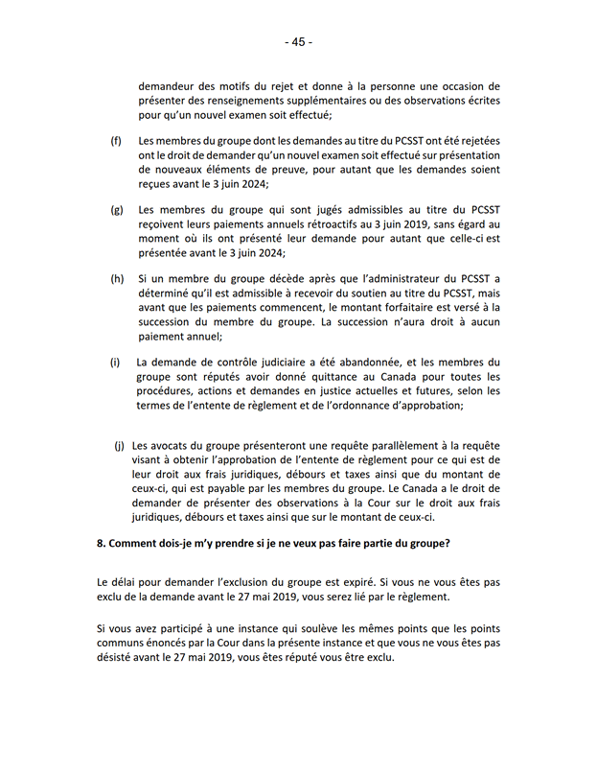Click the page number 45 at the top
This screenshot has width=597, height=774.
click(298, 42)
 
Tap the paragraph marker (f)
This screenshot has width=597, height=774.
click(116, 141)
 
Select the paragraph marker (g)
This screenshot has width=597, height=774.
click(117, 209)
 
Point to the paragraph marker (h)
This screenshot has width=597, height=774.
click(117, 278)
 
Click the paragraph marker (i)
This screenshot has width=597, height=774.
click(115, 363)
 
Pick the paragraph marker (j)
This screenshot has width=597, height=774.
click(120, 446)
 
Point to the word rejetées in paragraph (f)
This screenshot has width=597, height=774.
click(474, 141)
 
